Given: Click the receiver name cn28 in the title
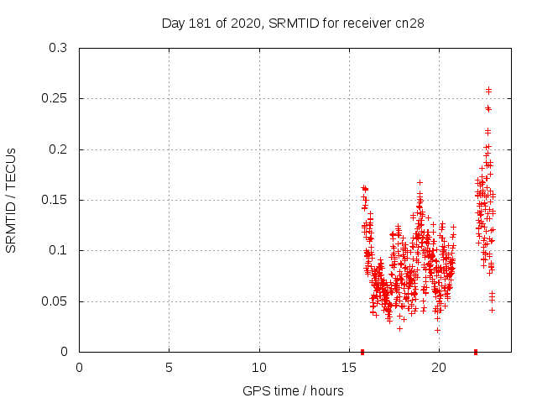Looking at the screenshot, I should (x=409, y=24).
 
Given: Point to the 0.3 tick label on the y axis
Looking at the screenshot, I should (x=58, y=49).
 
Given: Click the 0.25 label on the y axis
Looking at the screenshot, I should (x=55, y=99).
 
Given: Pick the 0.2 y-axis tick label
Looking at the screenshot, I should (x=58, y=149).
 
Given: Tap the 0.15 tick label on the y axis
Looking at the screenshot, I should (x=55, y=200).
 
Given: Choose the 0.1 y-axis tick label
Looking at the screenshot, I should (x=58, y=251).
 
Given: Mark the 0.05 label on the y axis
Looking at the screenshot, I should (x=55, y=301).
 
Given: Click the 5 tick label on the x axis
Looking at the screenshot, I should (x=169, y=368).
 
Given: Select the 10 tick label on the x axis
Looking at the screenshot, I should (x=259, y=368).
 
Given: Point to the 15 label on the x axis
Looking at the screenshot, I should (x=349, y=368).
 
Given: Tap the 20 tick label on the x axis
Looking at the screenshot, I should (x=439, y=368).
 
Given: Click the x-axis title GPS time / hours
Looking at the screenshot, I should (x=293, y=390).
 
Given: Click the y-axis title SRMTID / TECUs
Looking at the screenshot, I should (x=12, y=200).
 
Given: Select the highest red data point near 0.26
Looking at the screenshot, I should (x=488, y=89).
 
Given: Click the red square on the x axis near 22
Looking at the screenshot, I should (x=476, y=352).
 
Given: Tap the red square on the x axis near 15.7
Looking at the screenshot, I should (x=362, y=352).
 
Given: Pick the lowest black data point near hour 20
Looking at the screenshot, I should (x=437, y=330).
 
